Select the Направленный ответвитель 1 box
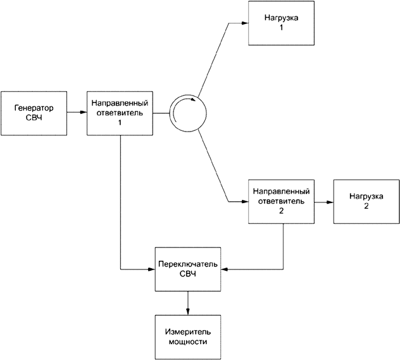[120, 113]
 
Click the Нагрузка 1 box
[281, 22]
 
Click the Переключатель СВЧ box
[187, 268]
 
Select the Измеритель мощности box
[187, 337]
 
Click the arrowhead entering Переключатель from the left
[151, 268]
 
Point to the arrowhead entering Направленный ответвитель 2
[244, 202]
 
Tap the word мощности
[187, 342]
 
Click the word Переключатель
[187, 263]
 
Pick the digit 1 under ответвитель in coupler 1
[120, 122]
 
